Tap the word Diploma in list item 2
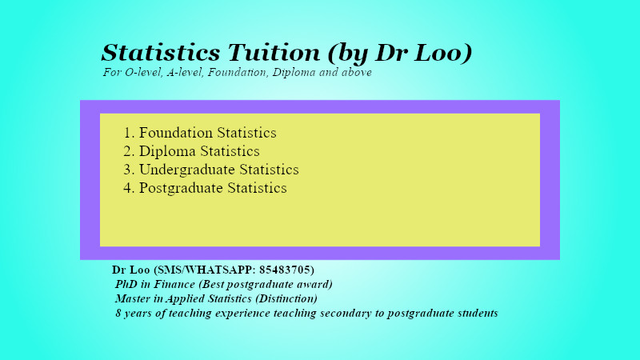[166, 151]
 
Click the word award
[312, 284]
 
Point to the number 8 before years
[118, 313]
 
